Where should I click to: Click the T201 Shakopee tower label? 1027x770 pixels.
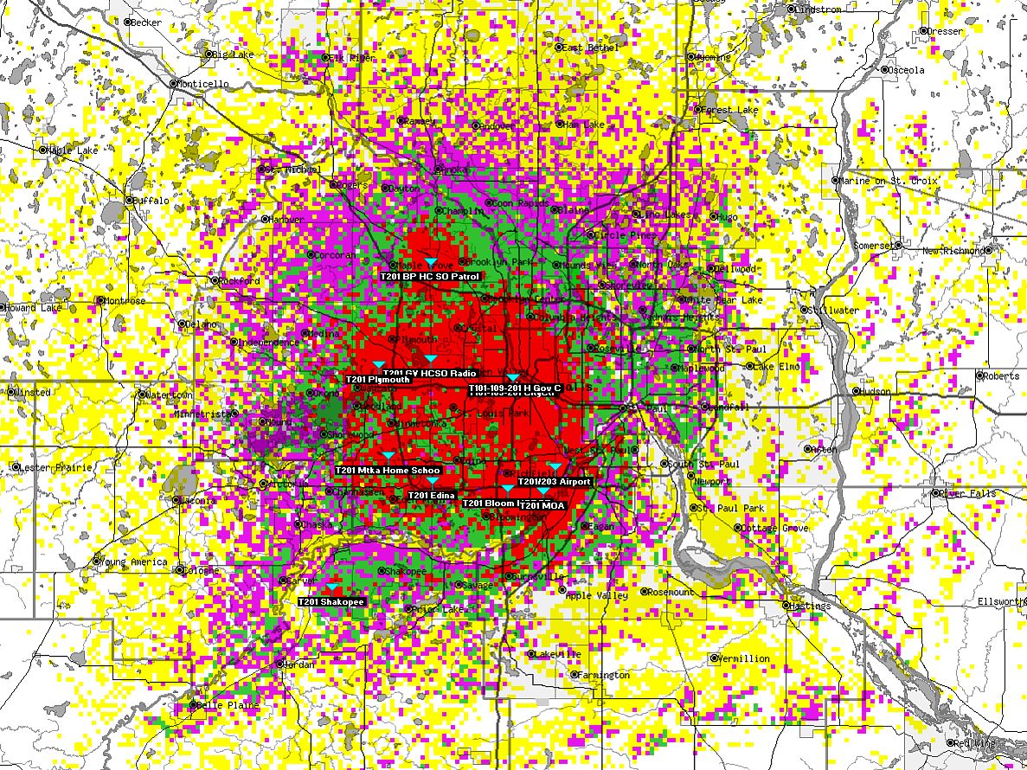(x=331, y=601)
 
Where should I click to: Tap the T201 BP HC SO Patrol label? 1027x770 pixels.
(x=429, y=276)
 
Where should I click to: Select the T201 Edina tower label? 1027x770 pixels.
(x=431, y=495)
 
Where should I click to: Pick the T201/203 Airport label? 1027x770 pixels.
(x=555, y=481)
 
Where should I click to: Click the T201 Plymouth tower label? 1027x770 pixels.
(x=378, y=379)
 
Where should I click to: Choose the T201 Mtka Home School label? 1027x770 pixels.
(x=388, y=470)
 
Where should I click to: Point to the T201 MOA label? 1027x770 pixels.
(x=542, y=505)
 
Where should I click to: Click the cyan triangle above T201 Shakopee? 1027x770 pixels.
(x=331, y=588)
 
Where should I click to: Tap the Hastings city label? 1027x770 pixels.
(x=810, y=606)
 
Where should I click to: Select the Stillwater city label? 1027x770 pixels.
(x=834, y=310)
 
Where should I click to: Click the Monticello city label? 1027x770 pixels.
(x=203, y=84)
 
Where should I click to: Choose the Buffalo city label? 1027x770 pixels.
(x=151, y=200)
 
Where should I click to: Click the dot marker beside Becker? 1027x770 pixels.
(x=128, y=22)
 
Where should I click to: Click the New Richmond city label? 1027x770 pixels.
(x=953, y=251)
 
